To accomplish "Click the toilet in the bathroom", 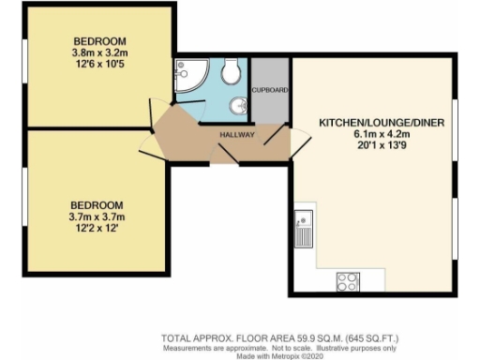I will (231, 72).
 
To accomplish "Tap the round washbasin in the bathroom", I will (239, 105).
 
